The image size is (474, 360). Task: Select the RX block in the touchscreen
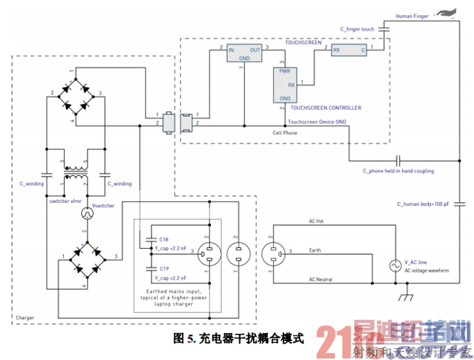coord(349,51)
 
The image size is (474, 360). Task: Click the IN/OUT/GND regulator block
coord(244,53)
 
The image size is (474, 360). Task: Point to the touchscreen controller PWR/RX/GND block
coord(286,84)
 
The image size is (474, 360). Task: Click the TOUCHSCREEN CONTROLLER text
coord(325,107)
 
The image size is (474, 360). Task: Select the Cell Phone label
coord(285,132)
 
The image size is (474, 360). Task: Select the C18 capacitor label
coord(164,238)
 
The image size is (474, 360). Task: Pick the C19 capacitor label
coord(164,268)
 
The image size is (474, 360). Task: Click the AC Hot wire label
coord(320,221)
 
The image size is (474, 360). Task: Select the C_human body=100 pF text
coord(423,204)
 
